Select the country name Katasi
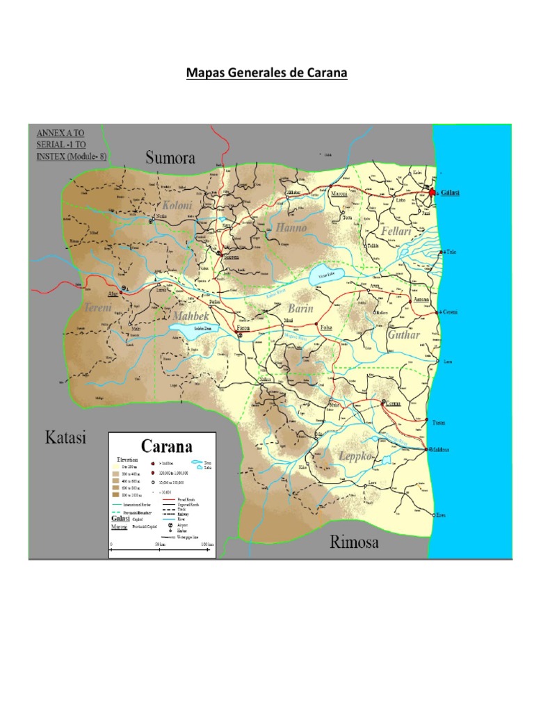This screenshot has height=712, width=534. coord(65,438)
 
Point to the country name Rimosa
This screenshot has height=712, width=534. coord(354,542)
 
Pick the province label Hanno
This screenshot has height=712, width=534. coord(291,227)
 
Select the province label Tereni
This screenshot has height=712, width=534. coord(98,306)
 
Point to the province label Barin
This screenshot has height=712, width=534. coord(301,308)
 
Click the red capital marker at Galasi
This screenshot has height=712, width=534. coord(432,192)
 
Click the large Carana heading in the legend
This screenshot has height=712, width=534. coord(167,445)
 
